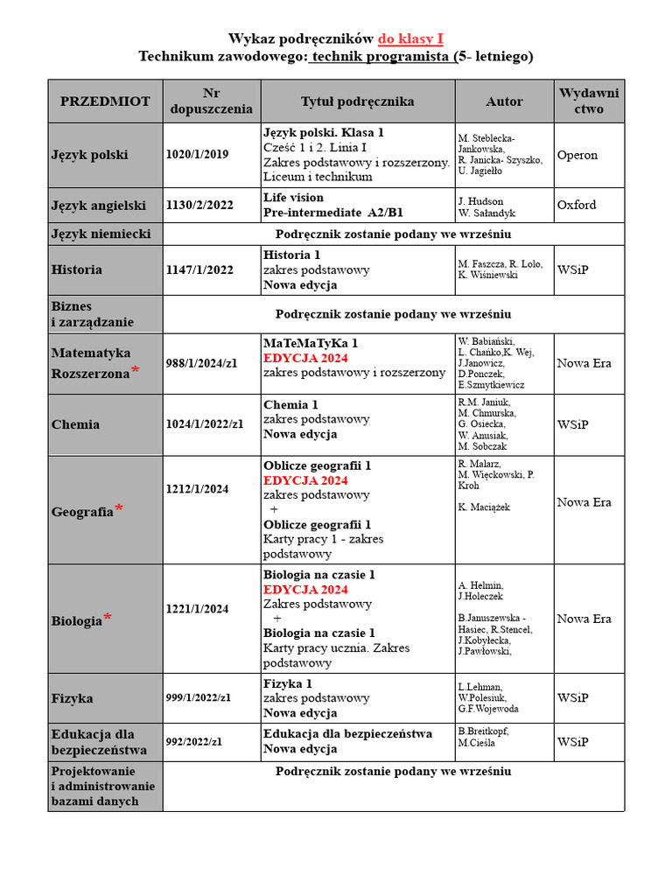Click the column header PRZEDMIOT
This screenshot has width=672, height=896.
[105, 101]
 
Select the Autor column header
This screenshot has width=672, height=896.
[504, 101]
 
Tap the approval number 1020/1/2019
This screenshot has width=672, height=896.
[197, 155]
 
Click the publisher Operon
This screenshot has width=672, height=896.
[577, 155]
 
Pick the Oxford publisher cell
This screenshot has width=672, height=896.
[577, 205]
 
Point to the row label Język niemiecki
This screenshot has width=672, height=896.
[101, 234]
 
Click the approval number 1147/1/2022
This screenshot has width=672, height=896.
[199, 270]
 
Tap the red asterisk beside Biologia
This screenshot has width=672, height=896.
[108, 619]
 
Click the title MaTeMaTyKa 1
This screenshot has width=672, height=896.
[311, 343]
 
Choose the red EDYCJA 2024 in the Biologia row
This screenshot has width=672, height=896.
[305, 590]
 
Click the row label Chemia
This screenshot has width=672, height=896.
[75, 424]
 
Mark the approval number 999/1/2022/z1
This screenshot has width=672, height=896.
[199, 698]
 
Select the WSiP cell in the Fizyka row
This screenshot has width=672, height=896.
[572, 698]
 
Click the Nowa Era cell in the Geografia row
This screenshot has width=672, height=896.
[584, 502]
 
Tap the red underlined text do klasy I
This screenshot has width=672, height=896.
[410, 38]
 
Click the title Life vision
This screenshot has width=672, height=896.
[293, 198]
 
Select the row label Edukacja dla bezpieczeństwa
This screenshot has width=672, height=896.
[93, 742]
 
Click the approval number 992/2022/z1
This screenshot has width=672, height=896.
[194, 742]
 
